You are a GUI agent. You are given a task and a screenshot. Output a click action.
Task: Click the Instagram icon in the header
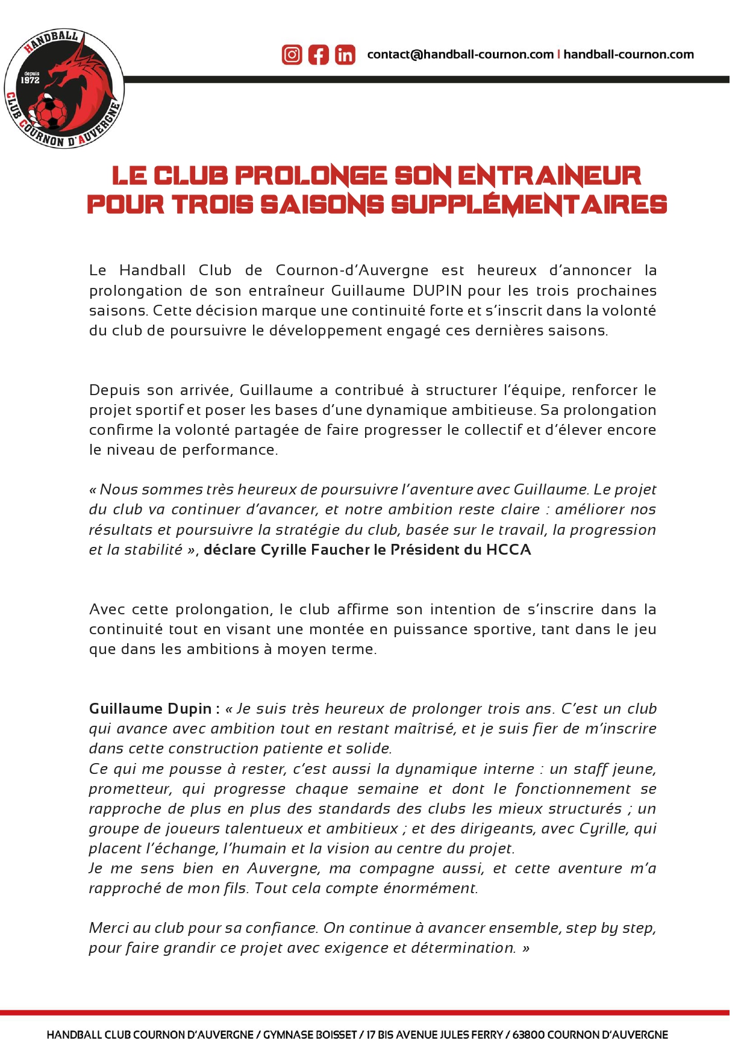click(x=292, y=55)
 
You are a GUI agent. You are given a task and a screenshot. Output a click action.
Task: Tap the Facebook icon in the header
click(x=319, y=55)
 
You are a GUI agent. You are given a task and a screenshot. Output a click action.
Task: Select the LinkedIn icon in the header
click(x=345, y=55)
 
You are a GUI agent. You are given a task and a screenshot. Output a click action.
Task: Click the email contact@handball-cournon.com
click(x=460, y=55)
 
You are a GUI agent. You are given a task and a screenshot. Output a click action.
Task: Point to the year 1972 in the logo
click(x=30, y=80)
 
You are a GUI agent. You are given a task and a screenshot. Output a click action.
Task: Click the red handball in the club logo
click(x=51, y=113)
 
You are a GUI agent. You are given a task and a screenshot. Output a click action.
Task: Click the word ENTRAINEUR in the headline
click(x=549, y=176)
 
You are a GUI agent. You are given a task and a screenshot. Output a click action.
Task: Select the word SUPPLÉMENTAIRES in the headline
click(x=529, y=205)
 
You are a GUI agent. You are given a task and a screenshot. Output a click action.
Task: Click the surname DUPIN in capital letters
click(x=437, y=291)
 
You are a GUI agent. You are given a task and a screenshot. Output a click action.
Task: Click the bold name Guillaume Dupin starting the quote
click(x=150, y=709)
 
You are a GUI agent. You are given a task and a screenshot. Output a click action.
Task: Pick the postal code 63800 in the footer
click(x=528, y=1035)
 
